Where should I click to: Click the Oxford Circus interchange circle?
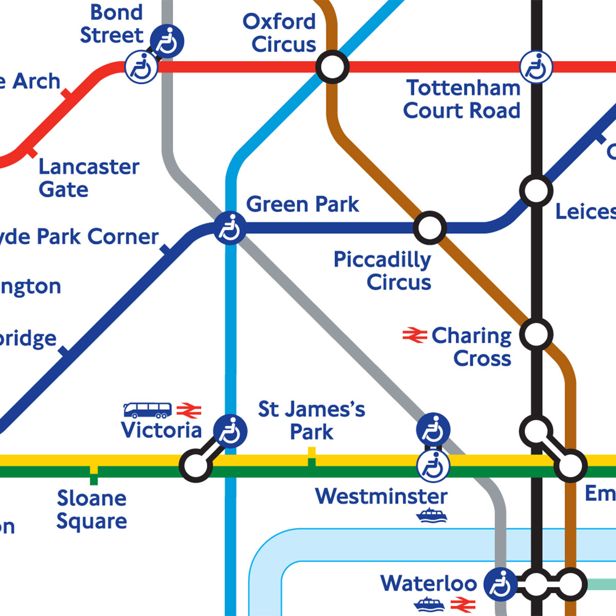click(x=332, y=67)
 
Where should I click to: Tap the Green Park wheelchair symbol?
click(x=229, y=228)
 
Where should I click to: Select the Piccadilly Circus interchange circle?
click(x=430, y=227)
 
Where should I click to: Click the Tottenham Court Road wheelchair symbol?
click(x=536, y=67)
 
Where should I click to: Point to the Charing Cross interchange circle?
click(x=536, y=335)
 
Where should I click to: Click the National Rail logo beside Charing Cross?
click(x=415, y=335)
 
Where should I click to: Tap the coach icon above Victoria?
click(x=147, y=410)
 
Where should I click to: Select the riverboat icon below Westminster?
click(x=431, y=515)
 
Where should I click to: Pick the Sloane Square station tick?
click(x=93, y=475)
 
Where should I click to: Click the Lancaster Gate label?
click(x=88, y=178)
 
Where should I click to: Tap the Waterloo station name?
click(x=429, y=584)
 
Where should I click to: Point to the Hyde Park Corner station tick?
click(x=165, y=249)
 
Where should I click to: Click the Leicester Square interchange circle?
click(x=536, y=190)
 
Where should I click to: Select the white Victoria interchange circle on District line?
click(x=196, y=466)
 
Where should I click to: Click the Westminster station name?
click(x=381, y=496)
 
